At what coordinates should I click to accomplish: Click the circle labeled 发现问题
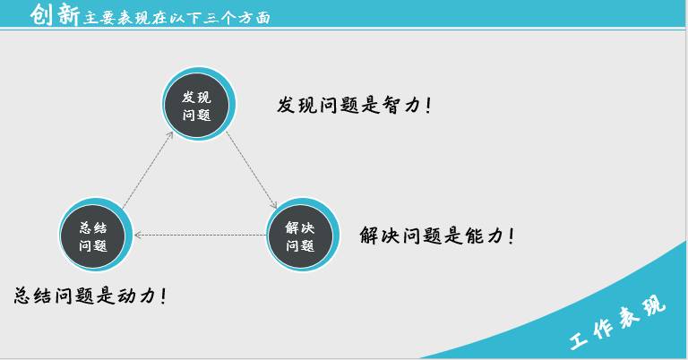pyautogui.click(x=198, y=105)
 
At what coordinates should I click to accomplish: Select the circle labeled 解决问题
pyautogui.click(x=302, y=235)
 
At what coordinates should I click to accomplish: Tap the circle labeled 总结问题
pyautogui.click(x=96, y=235)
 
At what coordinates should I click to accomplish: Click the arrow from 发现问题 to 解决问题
pyautogui.click(x=252, y=169)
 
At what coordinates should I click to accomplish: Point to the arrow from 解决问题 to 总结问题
pyautogui.click(x=200, y=235)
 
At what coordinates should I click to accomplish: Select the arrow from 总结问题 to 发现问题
pyautogui.click(x=148, y=170)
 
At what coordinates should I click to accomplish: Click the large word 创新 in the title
pyautogui.click(x=55, y=14)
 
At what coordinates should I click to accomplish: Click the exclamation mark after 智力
pyautogui.click(x=429, y=106)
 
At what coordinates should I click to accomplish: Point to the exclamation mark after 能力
pyautogui.click(x=512, y=236)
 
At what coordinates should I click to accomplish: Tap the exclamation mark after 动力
pyautogui.click(x=164, y=296)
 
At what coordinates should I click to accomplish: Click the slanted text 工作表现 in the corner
pyautogui.click(x=618, y=322)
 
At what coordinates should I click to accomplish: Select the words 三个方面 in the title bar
pyautogui.click(x=236, y=18)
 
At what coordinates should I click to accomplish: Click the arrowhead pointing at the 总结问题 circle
pyautogui.click(x=138, y=235)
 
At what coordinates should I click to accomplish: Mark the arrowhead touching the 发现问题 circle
pyautogui.click(x=170, y=134)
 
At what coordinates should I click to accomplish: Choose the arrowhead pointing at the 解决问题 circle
pyautogui.click(x=275, y=205)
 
